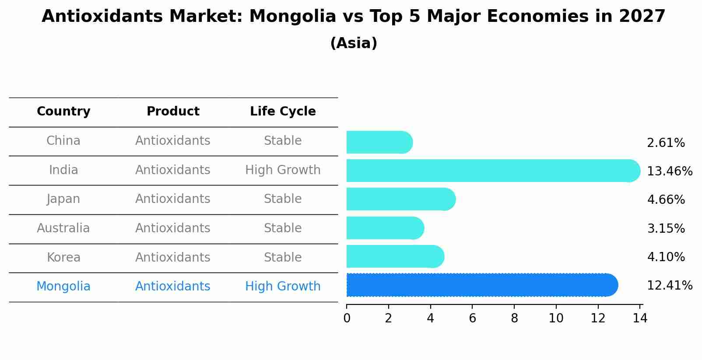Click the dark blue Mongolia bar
481,285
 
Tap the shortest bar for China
379,143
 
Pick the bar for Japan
400,199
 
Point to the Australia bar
385,228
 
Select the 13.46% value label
669,171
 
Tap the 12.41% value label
669,286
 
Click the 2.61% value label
666,143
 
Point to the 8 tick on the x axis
514,318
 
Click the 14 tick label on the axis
640,318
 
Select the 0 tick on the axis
347,318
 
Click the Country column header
63,112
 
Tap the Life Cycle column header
283,112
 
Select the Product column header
173,112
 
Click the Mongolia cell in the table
63,287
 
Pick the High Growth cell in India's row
283,170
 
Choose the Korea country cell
63,257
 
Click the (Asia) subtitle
354,43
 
